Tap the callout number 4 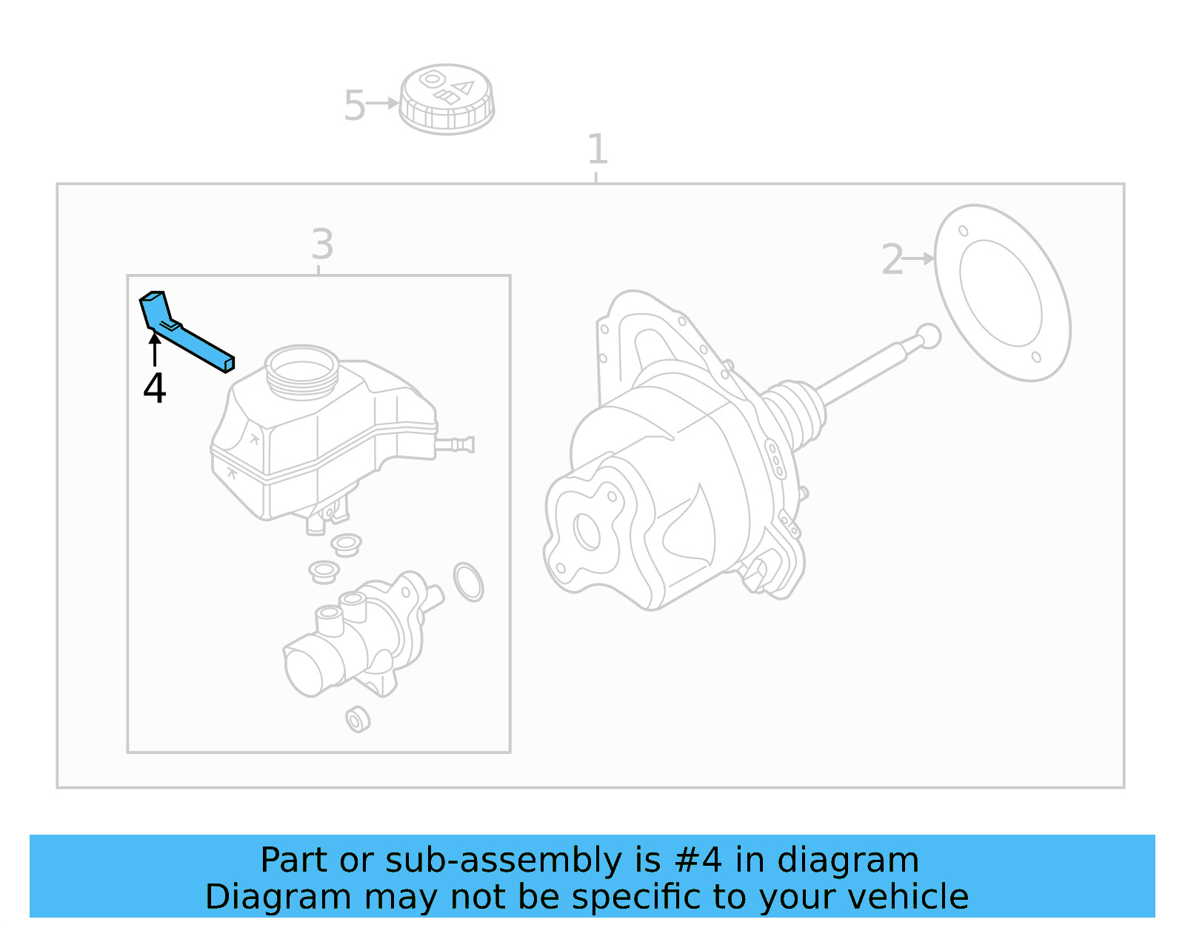[154, 388]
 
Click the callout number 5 [354, 106]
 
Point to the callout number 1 [597, 150]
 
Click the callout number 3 [322, 244]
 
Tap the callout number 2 [892, 260]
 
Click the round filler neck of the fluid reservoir [301, 369]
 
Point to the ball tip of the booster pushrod [928, 336]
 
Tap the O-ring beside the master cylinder [468, 581]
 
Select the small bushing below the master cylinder [358, 719]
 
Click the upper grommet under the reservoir [346, 544]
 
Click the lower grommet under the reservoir [324, 572]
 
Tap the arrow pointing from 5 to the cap [383, 104]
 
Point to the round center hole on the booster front [587, 531]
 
